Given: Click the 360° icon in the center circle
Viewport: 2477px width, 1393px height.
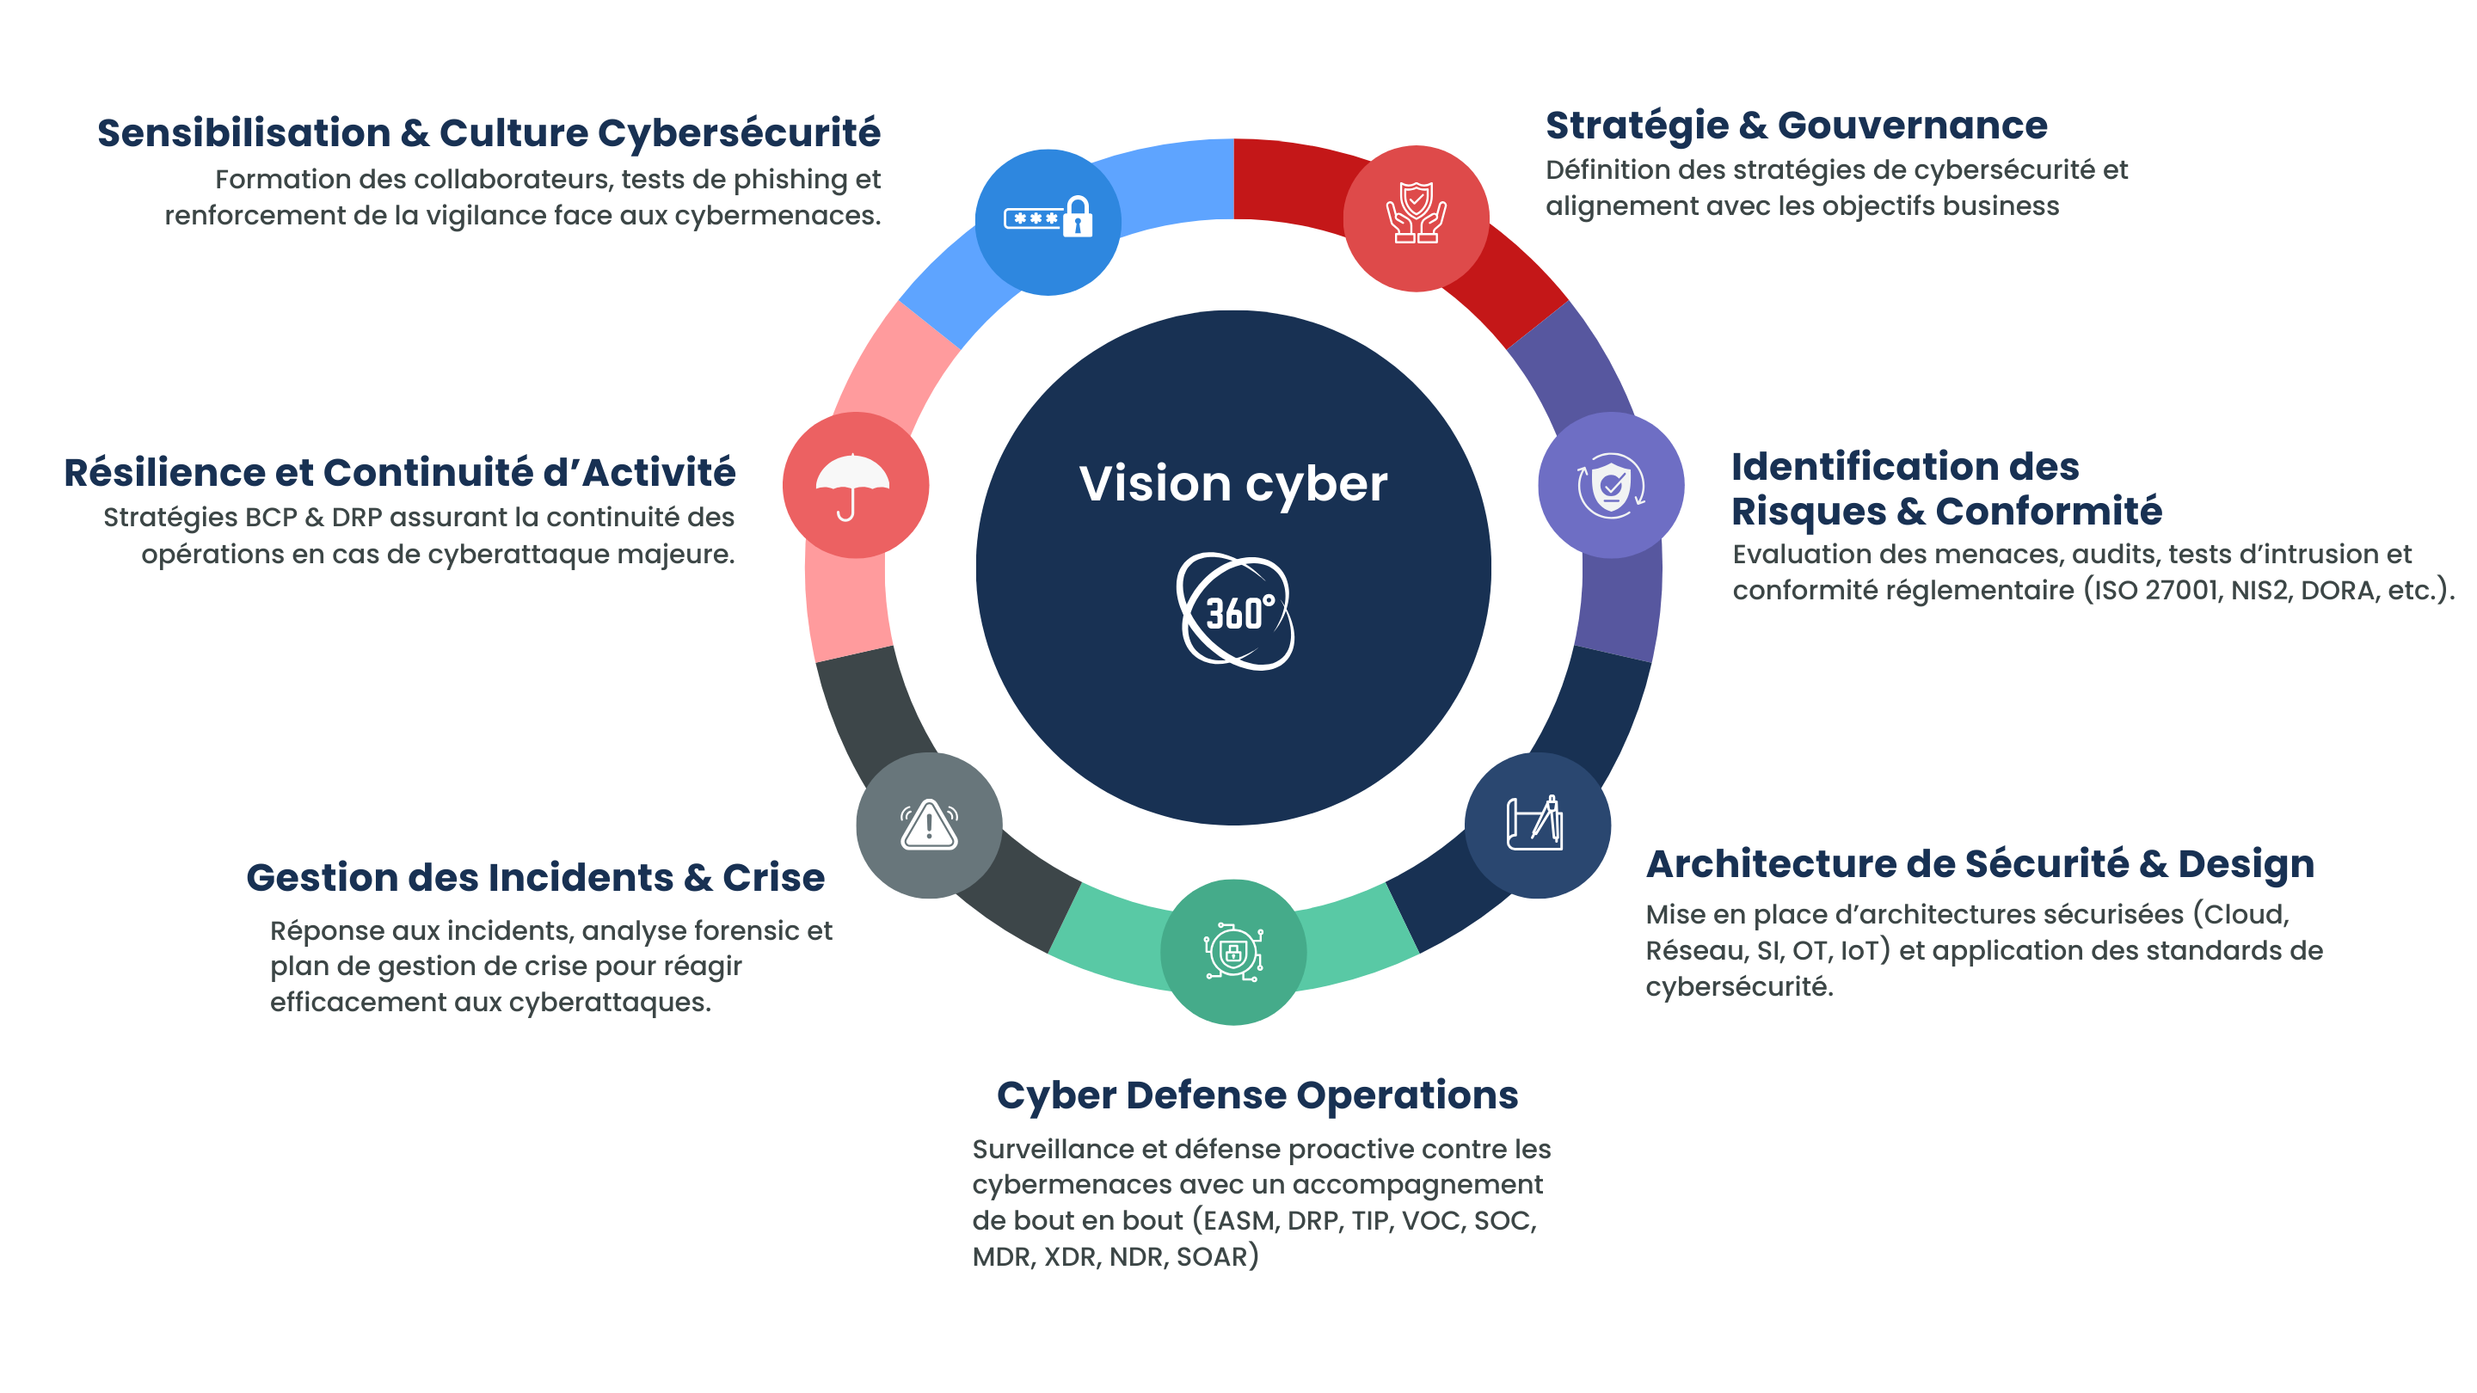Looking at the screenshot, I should [x=1236, y=611].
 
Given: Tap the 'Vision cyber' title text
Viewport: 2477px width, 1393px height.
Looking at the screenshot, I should [x=1232, y=482].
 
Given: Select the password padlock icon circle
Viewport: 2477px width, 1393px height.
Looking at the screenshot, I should [x=1048, y=221].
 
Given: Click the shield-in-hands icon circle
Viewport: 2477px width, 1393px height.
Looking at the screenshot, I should [x=1416, y=218].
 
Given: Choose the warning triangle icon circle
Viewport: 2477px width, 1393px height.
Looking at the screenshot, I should [x=929, y=825].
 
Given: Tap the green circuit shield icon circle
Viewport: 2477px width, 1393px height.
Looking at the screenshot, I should [x=1232, y=953].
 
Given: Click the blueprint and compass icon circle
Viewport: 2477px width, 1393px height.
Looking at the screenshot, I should [x=1537, y=825].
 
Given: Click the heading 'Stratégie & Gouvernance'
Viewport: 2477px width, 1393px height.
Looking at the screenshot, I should [x=1796, y=126].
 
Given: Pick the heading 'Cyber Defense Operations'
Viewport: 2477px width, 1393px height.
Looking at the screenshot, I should [x=1257, y=1095].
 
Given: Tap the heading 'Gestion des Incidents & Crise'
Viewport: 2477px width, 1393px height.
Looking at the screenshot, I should [x=535, y=878].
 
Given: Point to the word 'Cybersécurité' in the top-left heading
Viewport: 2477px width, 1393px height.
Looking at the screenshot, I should [x=739, y=132].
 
